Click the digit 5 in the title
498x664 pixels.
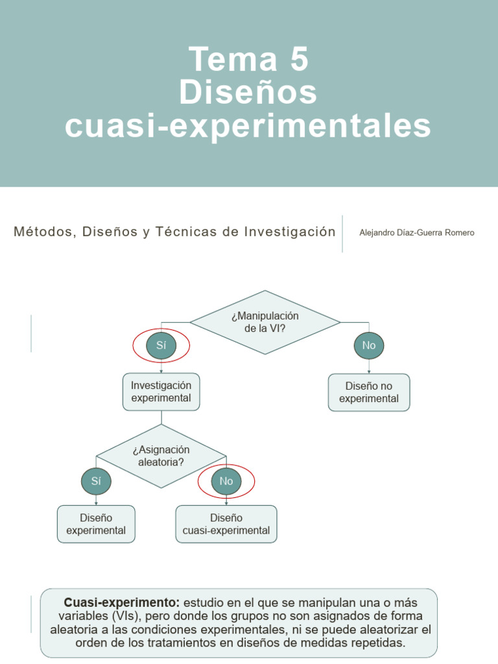pos(299,59)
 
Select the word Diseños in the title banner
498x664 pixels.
pos(248,92)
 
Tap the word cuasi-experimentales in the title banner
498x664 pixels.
pos(248,126)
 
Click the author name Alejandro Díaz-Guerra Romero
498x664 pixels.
pos(417,233)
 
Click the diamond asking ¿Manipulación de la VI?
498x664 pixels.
pos(265,322)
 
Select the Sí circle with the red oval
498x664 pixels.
pos(161,346)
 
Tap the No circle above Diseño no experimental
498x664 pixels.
pos(369,346)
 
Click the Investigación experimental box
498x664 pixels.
pos(161,392)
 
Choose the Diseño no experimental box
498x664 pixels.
pos(369,392)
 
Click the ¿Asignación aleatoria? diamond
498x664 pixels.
pos(161,456)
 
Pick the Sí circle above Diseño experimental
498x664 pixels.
pos(96,481)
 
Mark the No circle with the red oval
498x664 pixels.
pos(226,481)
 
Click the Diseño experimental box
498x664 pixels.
pos(96,524)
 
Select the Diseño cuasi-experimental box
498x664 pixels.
pos(226,524)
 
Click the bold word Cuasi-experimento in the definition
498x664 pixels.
pos(122,602)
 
